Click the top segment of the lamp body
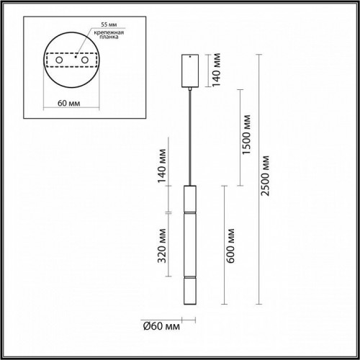pos(190,199)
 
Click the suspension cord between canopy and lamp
pos(190,137)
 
